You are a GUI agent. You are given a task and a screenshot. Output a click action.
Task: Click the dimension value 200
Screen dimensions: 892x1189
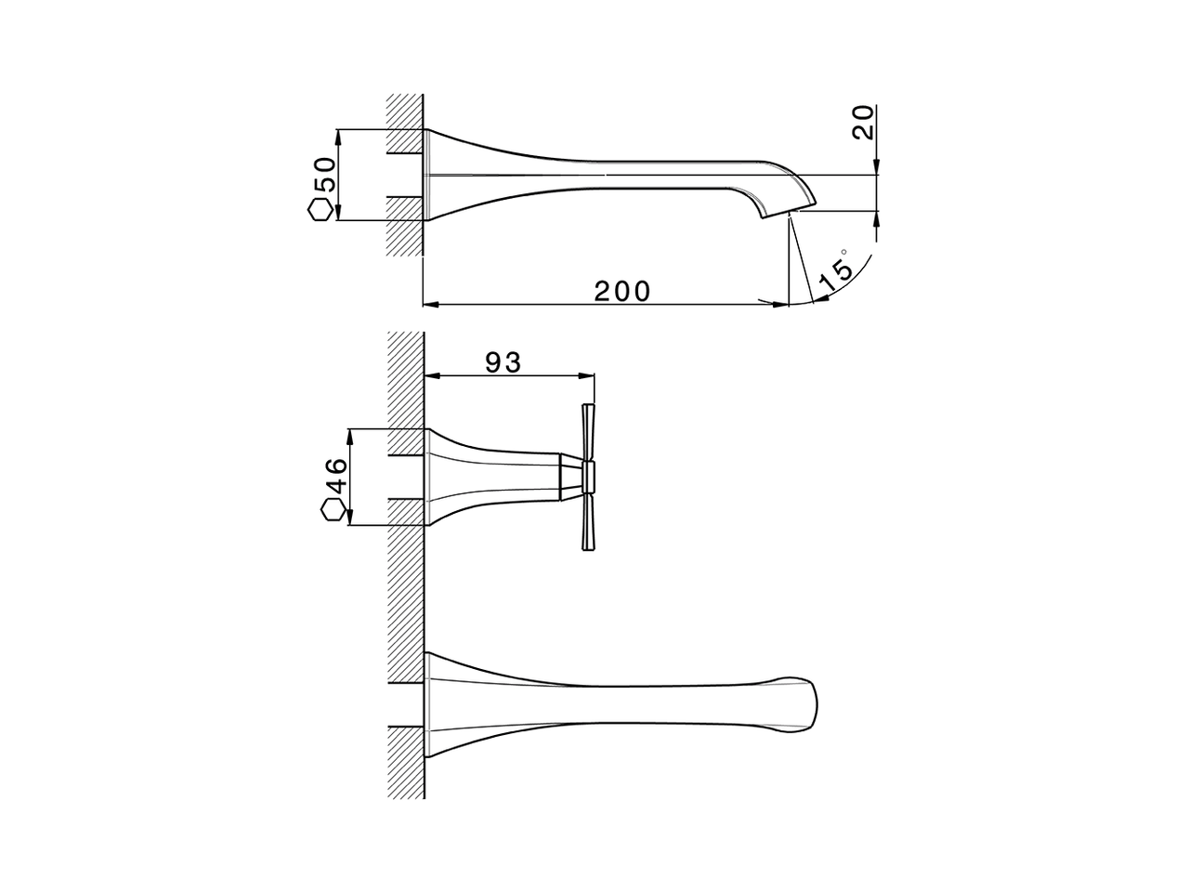coord(622,291)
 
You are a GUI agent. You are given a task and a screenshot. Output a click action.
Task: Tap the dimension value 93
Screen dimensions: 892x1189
coord(503,362)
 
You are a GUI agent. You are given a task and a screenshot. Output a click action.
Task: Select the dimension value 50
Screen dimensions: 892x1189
coord(323,175)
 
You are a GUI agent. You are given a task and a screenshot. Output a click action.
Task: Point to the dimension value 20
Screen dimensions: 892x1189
coord(864,123)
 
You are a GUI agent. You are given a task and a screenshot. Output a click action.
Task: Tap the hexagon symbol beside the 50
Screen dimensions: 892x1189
coord(320,209)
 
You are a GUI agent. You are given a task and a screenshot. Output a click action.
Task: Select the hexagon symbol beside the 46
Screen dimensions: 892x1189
coord(333,510)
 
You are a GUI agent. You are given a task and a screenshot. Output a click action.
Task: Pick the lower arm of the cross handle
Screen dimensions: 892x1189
coord(586,521)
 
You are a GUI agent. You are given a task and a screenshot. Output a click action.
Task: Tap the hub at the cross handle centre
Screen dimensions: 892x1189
coord(587,478)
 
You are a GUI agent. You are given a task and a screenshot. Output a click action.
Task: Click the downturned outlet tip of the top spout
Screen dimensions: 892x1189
coord(790,204)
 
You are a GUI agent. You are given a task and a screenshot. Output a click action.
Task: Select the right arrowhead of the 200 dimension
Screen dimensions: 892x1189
coord(780,303)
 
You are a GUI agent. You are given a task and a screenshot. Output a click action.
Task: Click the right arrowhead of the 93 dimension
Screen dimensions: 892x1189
coord(586,375)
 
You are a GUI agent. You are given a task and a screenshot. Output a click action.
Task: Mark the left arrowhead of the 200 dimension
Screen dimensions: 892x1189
coord(431,303)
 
